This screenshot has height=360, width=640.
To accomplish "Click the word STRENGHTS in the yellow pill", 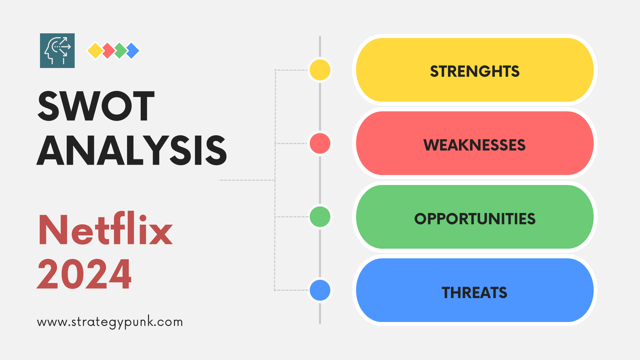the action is coord(475,71).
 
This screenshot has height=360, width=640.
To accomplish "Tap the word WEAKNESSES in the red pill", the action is coord(474,145).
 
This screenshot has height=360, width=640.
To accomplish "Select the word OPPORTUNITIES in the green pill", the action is coord(475,219).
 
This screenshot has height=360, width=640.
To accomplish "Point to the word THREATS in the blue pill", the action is coord(474,293).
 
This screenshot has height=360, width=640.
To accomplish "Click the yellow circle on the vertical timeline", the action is coord(320,70).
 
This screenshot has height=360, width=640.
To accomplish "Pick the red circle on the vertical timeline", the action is coord(320,143).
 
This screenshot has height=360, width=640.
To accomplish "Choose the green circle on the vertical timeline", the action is coord(320,217).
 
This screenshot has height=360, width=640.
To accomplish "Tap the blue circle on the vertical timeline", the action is coord(320,290).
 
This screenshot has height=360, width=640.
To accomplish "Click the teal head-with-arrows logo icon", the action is coord(57,51).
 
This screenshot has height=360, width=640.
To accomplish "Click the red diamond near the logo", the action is coord(108,51).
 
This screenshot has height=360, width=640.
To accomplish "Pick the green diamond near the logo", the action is coord(120,51).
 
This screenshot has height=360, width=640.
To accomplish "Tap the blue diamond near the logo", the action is coord(133,51).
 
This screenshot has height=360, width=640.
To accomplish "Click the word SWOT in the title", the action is coord(96,106).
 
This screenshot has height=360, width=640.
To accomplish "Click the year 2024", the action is coord(84,274).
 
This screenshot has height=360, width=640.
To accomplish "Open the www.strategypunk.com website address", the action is coord(110,322).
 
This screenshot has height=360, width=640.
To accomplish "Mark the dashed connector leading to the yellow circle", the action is coord(291,70).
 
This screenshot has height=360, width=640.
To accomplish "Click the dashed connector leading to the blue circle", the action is coord(291,290).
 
